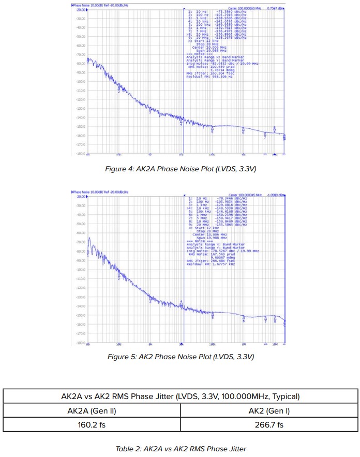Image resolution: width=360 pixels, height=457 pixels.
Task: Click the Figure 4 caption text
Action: point(181,169)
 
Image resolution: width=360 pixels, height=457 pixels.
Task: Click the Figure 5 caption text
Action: point(181,357)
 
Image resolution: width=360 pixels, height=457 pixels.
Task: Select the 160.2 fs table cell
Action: point(92,424)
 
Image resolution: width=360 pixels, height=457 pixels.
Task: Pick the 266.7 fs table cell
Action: point(268,424)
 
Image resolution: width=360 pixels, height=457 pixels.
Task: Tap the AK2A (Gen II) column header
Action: point(92,411)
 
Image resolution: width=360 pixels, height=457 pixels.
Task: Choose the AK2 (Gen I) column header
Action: point(268,411)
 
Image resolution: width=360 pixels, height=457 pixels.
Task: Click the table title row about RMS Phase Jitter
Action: point(180,397)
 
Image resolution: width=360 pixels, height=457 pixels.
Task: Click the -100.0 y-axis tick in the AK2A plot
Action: point(80,81)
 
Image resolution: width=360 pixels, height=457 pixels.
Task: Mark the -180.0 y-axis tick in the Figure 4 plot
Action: point(80,154)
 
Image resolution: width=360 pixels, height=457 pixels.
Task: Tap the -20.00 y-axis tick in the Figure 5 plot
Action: point(80,197)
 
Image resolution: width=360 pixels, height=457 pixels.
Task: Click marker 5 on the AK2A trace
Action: point(212,131)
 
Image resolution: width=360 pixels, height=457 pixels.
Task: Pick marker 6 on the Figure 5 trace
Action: point(244,320)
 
